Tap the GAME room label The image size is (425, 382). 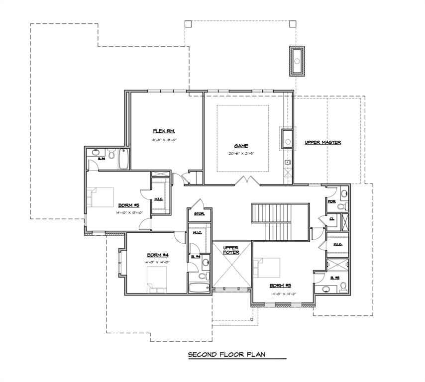click(x=241, y=146)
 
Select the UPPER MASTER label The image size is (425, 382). click(x=322, y=143)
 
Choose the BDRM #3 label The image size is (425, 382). click(x=280, y=286)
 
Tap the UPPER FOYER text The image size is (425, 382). click(x=231, y=249)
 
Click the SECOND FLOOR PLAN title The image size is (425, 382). click(x=226, y=355)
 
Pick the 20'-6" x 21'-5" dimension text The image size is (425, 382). click(x=241, y=154)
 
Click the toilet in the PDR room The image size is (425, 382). click(x=343, y=205)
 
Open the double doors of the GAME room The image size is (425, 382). click(x=247, y=180)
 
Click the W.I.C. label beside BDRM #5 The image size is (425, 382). click(x=160, y=199)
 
